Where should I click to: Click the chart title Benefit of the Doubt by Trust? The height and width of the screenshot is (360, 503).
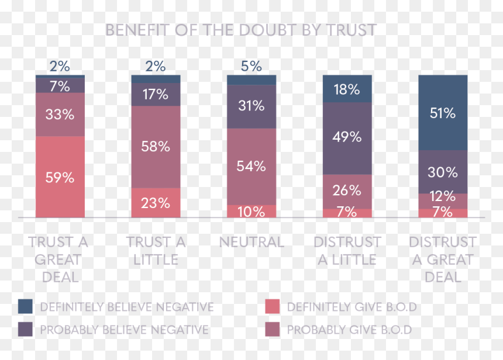coord(241,30)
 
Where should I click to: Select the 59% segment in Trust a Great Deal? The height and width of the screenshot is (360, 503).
coord(60,177)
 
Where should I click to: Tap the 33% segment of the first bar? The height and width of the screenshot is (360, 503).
coord(60,115)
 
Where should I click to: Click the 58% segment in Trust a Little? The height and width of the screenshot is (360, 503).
coord(156,147)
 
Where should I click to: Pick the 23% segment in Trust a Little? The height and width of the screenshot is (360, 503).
coord(156,203)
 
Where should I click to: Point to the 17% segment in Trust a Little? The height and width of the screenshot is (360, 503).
coord(156,95)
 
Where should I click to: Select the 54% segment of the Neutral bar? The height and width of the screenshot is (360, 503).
coord(251,167)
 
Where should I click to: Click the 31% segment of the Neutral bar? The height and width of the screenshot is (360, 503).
coord(251,107)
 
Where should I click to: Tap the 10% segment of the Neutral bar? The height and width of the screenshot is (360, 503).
coord(251,211)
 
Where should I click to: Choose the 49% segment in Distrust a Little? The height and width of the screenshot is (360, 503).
coord(347,139)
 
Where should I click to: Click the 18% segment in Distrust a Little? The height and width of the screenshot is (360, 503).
coord(347,89)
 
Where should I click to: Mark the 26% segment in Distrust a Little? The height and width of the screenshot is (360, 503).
coord(347,192)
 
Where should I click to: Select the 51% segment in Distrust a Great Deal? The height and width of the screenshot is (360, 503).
coord(443,113)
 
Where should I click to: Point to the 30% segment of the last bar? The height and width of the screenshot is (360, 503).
coord(443,172)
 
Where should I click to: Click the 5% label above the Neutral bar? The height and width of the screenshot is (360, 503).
coord(251,67)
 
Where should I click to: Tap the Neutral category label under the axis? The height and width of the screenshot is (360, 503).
coord(251,242)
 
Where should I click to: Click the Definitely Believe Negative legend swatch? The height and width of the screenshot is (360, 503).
coord(25,306)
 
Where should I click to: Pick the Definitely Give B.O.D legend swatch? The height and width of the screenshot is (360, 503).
coord(273,306)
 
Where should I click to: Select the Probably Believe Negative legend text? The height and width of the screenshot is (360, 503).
coord(124,330)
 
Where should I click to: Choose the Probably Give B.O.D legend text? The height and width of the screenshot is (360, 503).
coord(349,330)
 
